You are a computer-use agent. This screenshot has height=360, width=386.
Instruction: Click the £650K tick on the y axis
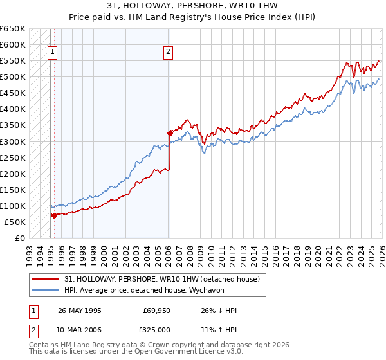[12, 29]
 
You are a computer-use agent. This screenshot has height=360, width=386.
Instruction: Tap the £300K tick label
[12, 141]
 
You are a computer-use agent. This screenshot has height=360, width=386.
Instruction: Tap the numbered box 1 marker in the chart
[52, 53]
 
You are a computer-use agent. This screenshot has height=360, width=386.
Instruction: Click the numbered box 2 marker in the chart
[168, 53]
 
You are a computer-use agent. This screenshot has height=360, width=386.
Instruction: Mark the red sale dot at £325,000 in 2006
[170, 134]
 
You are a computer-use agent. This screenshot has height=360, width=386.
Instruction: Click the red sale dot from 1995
[55, 215]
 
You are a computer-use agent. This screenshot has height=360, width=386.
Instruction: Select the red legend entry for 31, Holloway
[161, 278]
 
